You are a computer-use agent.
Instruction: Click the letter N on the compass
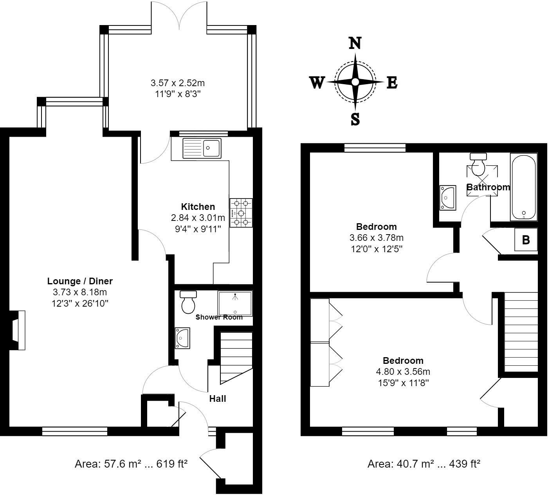[355, 43]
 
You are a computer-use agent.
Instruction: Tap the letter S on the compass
[355, 119]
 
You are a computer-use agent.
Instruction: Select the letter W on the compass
[317, 83]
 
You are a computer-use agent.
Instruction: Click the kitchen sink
[202, 148]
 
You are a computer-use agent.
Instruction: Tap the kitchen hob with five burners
[241, 213]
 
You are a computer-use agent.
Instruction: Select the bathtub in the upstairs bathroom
[523, 187]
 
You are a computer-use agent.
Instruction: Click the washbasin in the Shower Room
[182, 338]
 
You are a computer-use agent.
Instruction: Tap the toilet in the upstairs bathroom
[478, 164]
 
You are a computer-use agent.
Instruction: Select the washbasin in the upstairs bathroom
[447, 198]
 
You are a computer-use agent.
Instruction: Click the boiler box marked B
[526, 240]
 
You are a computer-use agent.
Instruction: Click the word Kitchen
[198, 207]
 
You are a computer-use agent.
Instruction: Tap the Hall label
[218, 399]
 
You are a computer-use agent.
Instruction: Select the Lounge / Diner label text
[80, 281]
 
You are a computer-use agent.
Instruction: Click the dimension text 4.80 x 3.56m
[403, 372]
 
